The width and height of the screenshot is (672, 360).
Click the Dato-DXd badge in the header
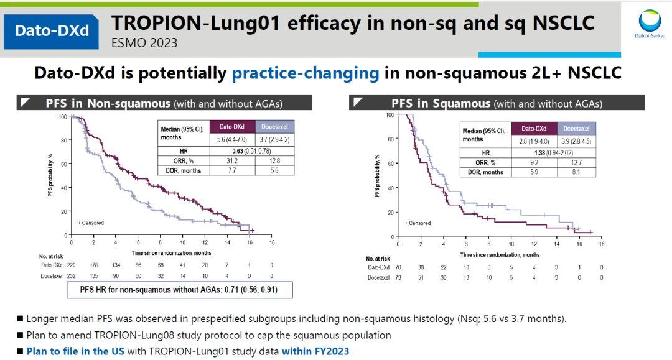point(52,30)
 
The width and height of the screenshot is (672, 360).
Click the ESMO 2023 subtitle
point(144,43)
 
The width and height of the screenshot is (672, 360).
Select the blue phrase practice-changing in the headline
point(306,73)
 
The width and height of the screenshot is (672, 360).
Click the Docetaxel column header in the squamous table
point(576,129)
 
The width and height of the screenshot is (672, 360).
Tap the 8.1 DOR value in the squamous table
point(576,172)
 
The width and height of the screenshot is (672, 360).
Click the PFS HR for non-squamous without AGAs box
point(179,289)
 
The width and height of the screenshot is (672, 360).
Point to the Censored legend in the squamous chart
point(418,223)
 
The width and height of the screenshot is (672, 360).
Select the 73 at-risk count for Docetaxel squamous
point(398,277)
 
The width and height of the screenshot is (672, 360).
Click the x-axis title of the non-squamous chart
point(171,253)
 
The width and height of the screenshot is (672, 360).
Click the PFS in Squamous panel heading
point(497,103)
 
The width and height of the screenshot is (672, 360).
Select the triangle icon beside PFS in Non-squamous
point(24,102)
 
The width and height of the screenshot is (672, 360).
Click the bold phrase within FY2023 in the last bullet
point(315,351)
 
